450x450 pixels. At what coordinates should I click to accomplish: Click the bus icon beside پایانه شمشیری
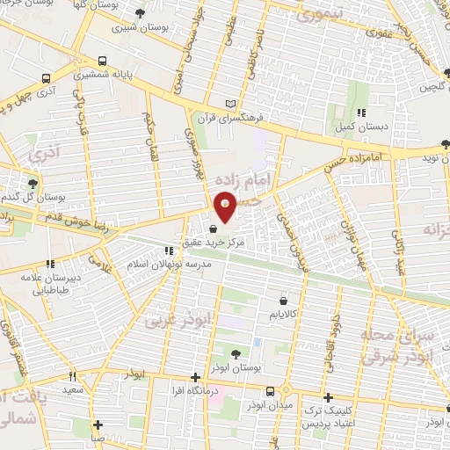(104, 62)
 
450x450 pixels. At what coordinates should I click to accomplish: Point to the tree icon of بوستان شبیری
(142, 12)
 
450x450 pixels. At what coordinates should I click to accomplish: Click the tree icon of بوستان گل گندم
(33, 183)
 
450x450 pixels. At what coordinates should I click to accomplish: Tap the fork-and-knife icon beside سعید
(73, 376)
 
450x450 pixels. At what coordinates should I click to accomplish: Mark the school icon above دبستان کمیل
(362, 112)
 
